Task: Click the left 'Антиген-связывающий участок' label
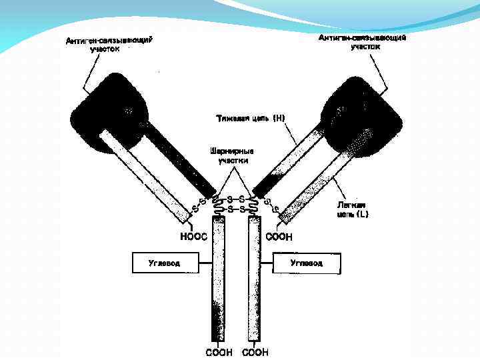(x=109, y=45)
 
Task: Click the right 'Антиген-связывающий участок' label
(x=363, y=42)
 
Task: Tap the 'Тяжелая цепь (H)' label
(x=251, y=119)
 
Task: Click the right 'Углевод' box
(x=307, y=263)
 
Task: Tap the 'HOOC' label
(x=194, y=235)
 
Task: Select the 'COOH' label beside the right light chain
(x=279, y=236)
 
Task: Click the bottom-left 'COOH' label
(x=219, y=351)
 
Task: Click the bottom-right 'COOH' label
(x=255, y=351)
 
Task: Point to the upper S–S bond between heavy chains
(x=235, y=199)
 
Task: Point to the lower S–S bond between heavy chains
(x=235, y=209)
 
